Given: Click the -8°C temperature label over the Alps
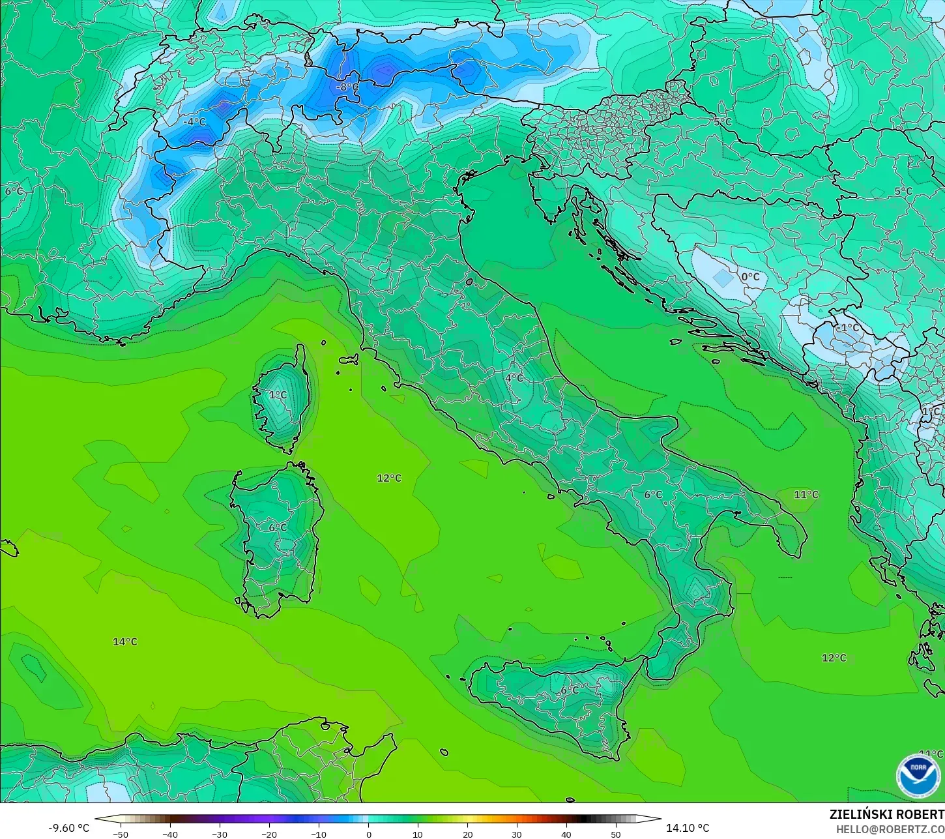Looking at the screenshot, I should coord(347,87).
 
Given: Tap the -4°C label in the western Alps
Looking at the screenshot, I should coord(194,122).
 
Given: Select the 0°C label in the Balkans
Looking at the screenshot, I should coord(750,276).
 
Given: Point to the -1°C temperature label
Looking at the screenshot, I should coord(848,327).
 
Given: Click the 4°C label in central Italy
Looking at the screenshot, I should coord(514,377).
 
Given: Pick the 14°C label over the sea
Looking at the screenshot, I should coord(125,641).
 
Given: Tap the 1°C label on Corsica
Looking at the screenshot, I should coord(278,394).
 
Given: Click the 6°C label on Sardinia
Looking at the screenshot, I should coord(278,527).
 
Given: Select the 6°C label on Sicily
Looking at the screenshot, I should coord(570,690).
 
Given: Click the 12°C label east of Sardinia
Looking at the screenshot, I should coord(389,478).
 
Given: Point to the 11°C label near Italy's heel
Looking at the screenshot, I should coord(806,494).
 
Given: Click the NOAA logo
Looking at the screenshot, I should coord(918,776).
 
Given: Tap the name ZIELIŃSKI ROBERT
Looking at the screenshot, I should coord(886,814).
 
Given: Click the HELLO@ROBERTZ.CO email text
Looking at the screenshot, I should coord(890,829).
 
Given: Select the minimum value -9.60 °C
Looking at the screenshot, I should coord(69,828).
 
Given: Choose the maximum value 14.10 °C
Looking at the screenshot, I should coord(688,828).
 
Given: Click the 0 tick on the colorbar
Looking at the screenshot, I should coord(368,834).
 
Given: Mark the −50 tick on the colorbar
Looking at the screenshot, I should coord(120,834).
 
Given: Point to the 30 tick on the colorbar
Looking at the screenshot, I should coord(517,834).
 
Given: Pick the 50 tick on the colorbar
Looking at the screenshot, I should coord(616,834).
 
